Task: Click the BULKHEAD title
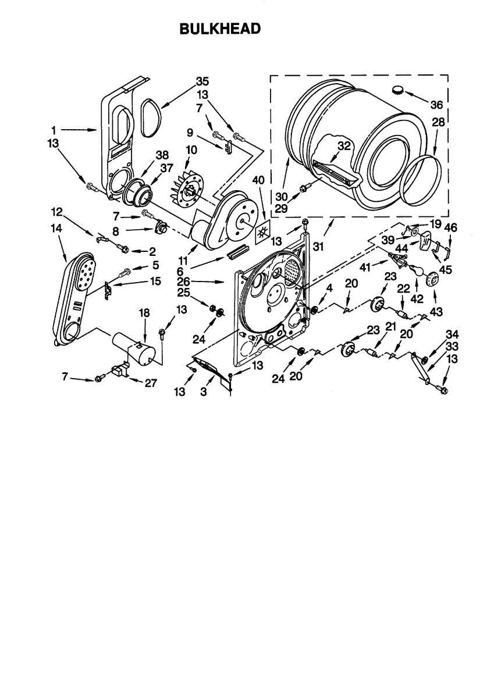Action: (220, 29)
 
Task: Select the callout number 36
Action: (436, 105)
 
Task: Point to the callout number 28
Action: (438, 123)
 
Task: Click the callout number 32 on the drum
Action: (344, 146)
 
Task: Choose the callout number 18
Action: (144, 313)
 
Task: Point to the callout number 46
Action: (452, 229)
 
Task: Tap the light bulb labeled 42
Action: (415, 269)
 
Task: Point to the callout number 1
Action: (53, 130)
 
